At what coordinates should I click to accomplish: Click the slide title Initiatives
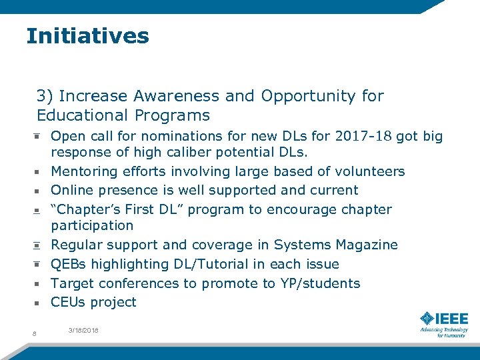pos(87,36)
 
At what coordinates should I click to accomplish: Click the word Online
pos(72,190)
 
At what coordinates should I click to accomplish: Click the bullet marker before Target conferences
pos(39,284)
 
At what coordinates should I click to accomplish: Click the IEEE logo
pos(443,324)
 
